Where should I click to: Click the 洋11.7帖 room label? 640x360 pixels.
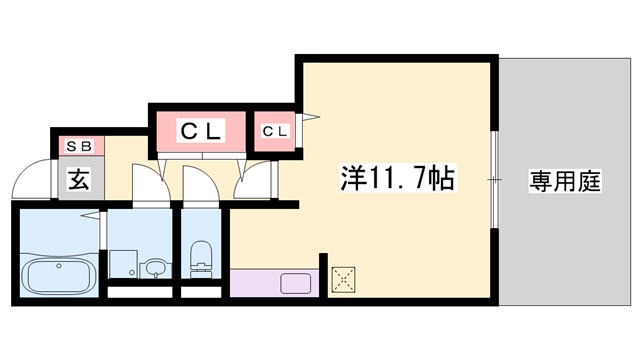(397, 178)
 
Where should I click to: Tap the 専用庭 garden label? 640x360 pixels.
(564, 181)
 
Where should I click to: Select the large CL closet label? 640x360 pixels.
(201, 131)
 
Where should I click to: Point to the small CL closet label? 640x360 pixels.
(275, 131)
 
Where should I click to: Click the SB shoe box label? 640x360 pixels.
(79, 146)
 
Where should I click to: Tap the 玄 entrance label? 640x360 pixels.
(79, 179)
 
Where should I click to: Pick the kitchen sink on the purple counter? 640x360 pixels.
(296, 284)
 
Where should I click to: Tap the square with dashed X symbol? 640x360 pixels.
(343, 280)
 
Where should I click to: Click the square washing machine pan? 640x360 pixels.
(123, 263)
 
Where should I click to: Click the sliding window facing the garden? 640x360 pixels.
(495, 180)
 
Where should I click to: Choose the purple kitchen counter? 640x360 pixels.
(275, 282)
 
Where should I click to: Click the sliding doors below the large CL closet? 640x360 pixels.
(202, 156)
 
